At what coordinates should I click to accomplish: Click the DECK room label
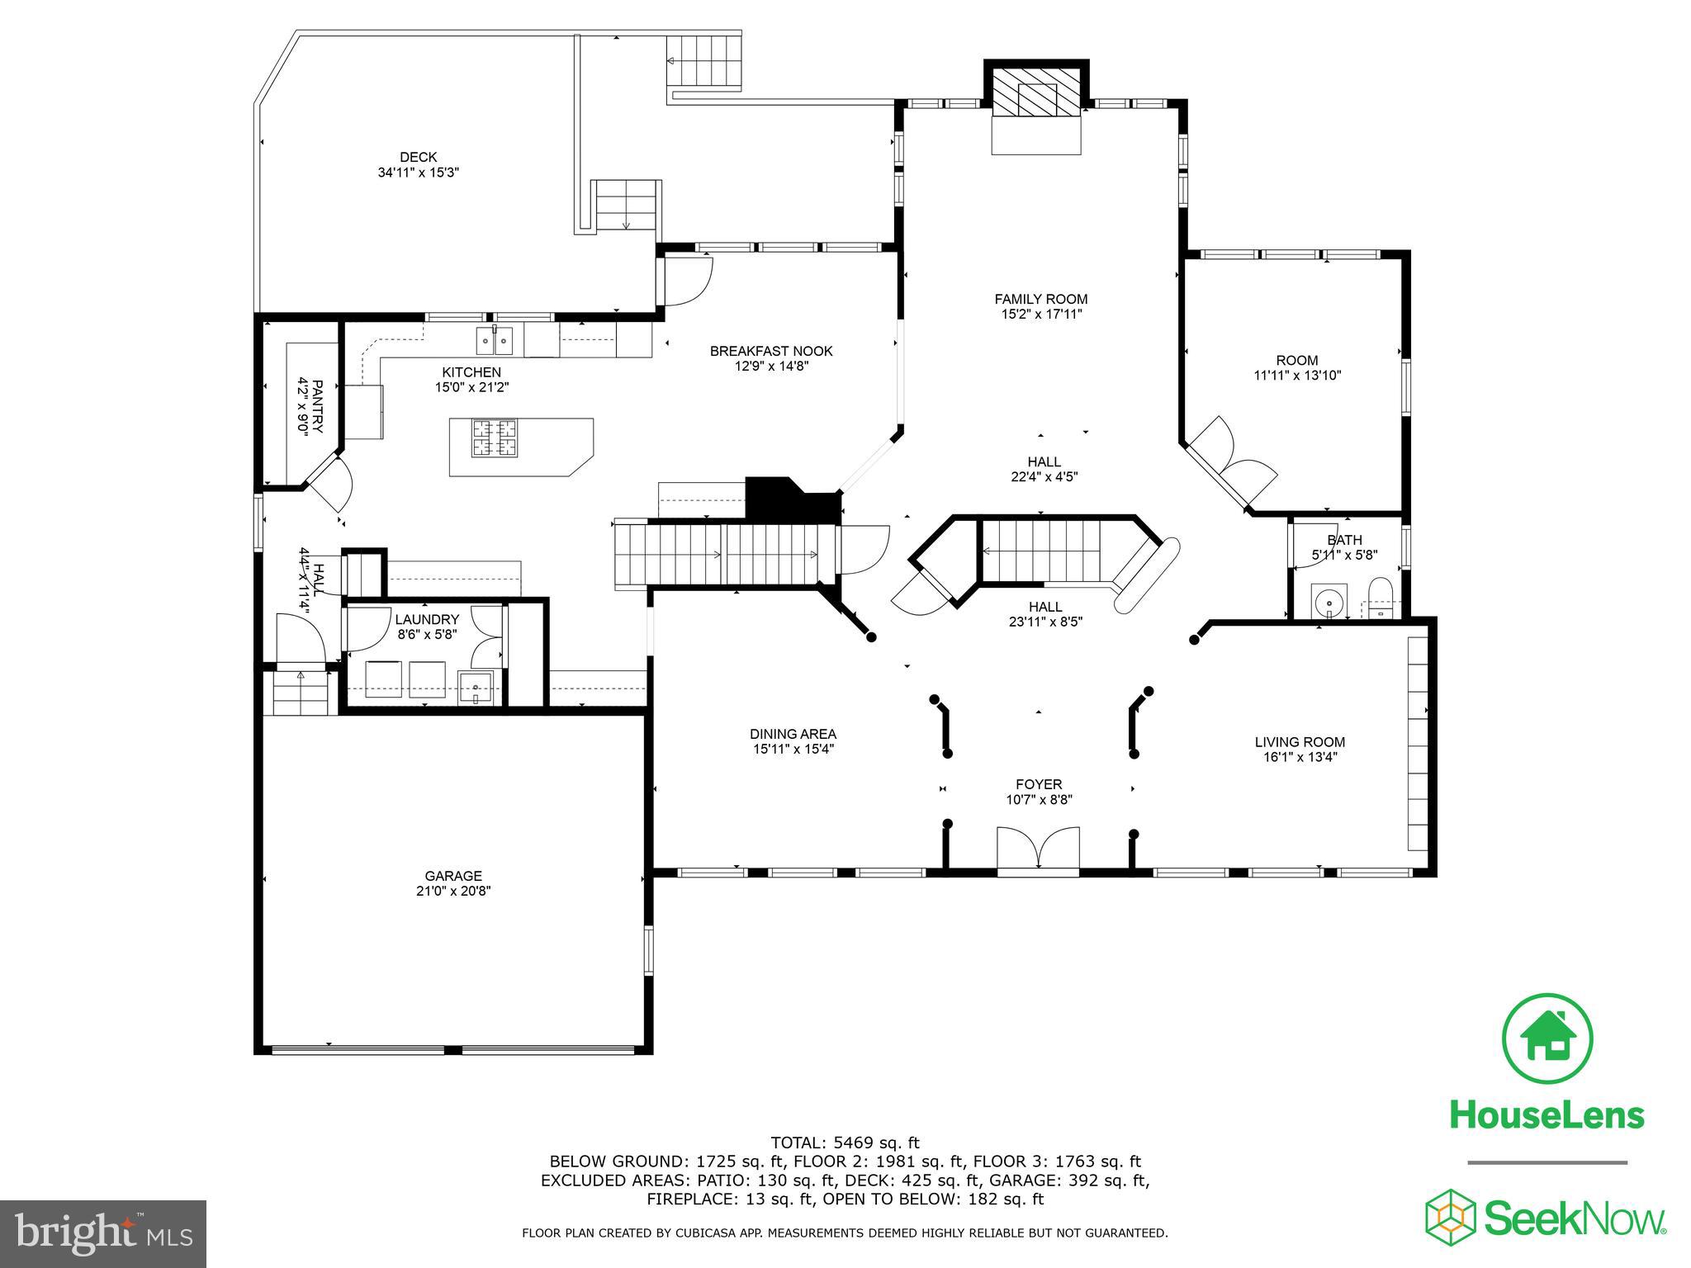coord(418,157)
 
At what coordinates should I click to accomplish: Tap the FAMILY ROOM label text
coord(1040,299)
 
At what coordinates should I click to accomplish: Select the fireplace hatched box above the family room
coord(1036,90)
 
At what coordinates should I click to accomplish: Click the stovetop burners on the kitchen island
coord(495,438)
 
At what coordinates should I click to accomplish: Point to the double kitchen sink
coord(494,339)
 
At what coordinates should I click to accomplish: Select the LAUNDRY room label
coord(426,619)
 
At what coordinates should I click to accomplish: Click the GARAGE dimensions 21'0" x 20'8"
coord(453,891)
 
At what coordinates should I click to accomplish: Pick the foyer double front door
coord(1038,849)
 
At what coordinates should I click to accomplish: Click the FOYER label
coord(1039,784)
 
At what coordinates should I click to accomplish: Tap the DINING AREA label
coord(793,734)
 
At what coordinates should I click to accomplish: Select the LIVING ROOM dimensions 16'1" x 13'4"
coord(1300,756)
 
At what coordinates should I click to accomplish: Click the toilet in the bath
coord(1380,599)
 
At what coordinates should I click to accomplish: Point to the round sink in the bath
coord(1329,602)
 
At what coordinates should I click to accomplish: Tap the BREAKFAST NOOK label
coord(771,351)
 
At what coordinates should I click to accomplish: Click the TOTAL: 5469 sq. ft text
coord(845,1143)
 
